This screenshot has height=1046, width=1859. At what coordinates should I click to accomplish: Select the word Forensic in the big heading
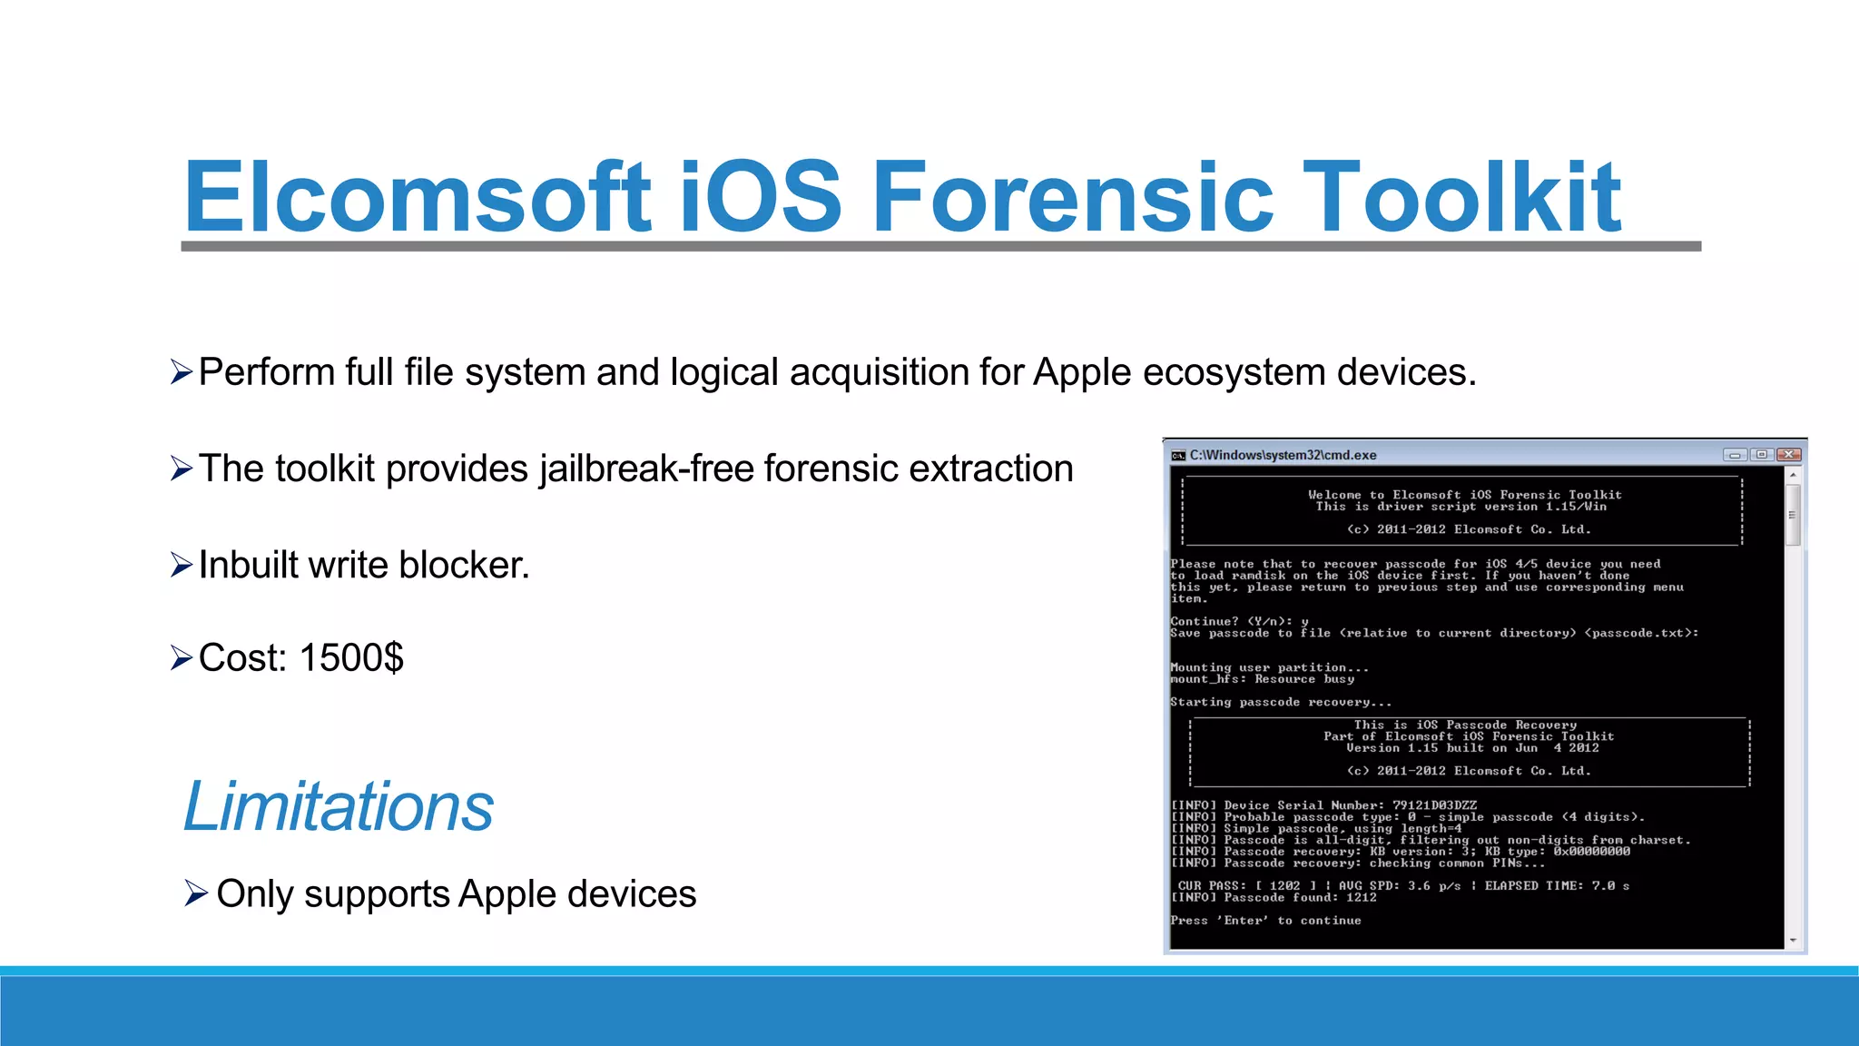coord(1073,196)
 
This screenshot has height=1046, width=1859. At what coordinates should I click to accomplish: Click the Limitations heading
coord(338,806)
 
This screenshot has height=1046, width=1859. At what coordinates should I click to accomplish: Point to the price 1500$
coord(351,657)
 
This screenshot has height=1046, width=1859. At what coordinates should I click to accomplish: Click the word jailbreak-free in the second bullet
coord(646,469)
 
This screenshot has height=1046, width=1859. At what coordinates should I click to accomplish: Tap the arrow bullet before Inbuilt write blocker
coord(182,566)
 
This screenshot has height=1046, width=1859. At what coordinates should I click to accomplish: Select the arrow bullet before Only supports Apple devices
coord(196,893)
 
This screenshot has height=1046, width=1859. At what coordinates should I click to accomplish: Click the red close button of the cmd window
coord(1788,455)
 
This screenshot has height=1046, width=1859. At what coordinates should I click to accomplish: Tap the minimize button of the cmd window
coord(1735,455)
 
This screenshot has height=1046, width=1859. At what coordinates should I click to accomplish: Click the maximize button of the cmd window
coord(1761,455)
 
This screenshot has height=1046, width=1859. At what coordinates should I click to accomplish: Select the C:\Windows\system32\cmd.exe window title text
coord(1283,455)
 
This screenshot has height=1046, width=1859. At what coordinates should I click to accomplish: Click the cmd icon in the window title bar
coord(1178,455)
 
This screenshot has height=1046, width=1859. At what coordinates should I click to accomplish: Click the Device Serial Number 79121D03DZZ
coord(1434,805)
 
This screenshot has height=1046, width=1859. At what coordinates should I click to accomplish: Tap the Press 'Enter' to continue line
coord(1265,921)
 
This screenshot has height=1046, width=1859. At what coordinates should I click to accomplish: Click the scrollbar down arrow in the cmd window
coord(1793,941)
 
